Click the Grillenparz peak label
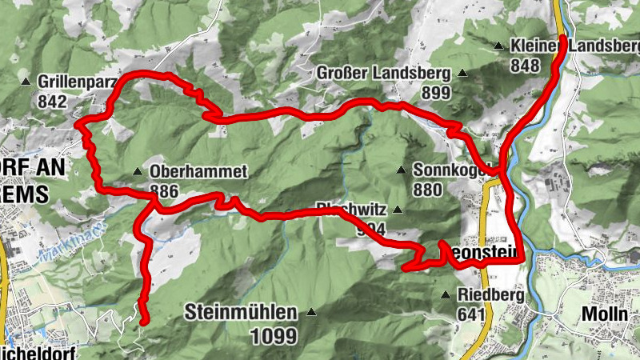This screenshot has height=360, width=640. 77,82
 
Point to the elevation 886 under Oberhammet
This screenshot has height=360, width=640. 162,191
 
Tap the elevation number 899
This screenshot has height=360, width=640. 436,93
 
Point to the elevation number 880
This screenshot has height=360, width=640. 428,190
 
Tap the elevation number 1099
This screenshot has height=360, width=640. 273,336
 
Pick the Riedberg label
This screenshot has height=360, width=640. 490,295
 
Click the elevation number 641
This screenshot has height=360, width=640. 471,315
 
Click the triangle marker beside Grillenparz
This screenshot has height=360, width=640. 26,82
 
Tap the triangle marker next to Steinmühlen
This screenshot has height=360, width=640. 311,312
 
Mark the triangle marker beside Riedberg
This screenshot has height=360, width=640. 446,295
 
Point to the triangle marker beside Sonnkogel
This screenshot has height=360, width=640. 401,170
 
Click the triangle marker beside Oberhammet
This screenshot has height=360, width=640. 138,172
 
